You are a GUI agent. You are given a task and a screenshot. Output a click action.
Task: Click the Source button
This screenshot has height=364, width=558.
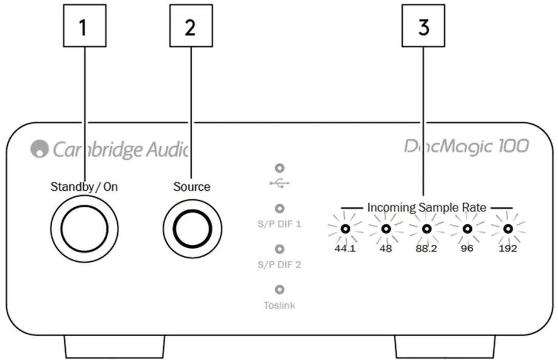pos(192,227)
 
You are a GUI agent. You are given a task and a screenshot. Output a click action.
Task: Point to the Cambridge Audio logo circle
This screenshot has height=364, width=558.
pos(39,149)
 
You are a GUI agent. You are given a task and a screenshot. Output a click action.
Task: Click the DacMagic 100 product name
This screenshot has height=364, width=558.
pos(466,146)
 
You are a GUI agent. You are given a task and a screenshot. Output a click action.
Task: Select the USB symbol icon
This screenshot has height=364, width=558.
pos(279,182)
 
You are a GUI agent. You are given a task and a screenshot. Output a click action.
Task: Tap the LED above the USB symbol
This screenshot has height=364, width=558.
pos(279,168)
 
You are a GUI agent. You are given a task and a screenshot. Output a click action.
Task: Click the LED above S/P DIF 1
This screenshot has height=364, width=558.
pos(279,208)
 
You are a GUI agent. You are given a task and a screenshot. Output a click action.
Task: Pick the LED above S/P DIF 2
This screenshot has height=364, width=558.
pos(279,249)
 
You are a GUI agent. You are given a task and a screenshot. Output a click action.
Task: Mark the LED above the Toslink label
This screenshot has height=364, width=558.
pos(279,290)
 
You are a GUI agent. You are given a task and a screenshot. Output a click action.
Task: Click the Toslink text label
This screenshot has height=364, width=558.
pos(279,306)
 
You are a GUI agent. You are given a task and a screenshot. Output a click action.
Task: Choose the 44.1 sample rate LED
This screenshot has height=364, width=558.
pos(345,229)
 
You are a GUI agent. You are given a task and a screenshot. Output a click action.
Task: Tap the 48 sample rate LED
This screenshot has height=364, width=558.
pos(385,229)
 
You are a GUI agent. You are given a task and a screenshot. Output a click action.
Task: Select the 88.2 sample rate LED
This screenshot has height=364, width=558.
pos(426,229)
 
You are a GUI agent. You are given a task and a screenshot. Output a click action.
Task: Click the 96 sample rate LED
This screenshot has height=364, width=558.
pos(467,229)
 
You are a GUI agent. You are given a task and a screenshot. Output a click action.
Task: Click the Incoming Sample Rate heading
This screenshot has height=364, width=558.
pos(426,208)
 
